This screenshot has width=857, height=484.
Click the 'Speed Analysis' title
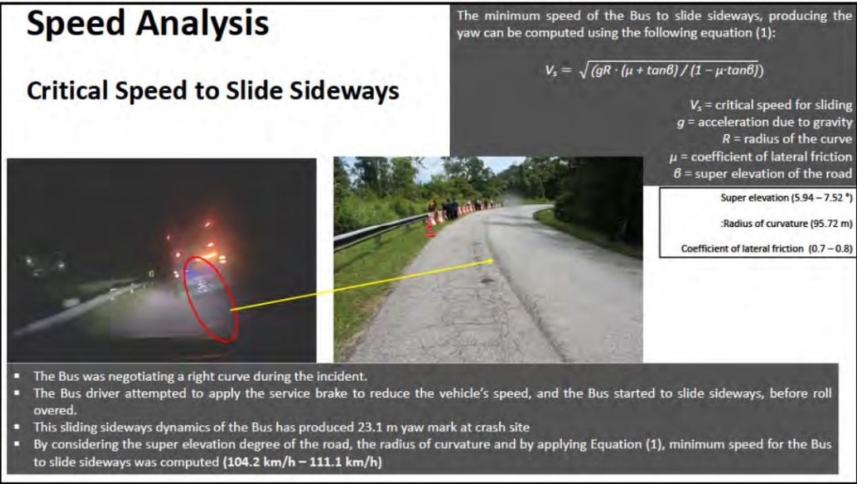148,24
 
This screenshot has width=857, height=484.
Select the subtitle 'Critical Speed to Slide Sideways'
213,90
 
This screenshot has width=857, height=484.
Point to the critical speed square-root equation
654,70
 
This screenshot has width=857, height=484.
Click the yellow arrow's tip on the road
493,261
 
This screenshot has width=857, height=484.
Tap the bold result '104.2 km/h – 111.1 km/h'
302,462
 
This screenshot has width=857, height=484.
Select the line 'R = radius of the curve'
787,140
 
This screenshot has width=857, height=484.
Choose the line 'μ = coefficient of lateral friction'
761,157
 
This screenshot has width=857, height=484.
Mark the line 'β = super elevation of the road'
763,175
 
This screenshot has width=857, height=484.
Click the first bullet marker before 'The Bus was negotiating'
17,376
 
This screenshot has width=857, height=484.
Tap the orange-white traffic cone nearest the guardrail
430,227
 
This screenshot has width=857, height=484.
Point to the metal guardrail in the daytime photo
380,232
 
